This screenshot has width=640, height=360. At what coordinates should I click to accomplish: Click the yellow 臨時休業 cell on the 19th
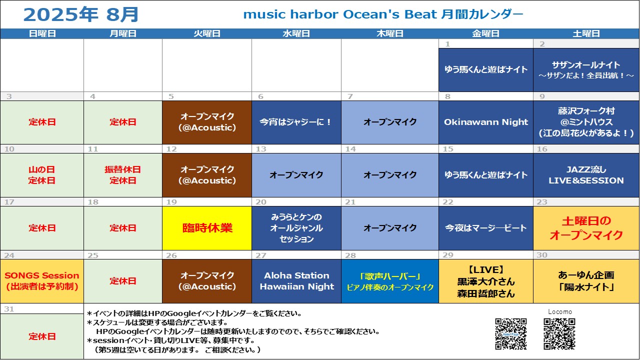point(207,228)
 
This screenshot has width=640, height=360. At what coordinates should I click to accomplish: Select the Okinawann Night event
point(485,122)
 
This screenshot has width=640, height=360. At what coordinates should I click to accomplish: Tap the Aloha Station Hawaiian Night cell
point(296,281)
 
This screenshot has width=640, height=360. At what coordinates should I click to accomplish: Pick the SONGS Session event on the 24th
point(41,281)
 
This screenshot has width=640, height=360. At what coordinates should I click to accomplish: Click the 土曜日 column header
point(586,33)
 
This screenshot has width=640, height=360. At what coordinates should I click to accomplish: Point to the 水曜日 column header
point(296,33)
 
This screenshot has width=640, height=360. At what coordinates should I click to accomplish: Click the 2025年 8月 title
point(81,14)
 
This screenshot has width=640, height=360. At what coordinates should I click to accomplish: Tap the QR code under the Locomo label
point(559,334)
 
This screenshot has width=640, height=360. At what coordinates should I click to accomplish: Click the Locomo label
point(559,311)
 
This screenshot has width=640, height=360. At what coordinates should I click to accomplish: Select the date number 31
point(9,309)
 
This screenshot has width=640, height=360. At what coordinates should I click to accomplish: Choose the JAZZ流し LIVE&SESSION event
point(586,175)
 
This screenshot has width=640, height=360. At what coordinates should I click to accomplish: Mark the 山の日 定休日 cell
point(41,175)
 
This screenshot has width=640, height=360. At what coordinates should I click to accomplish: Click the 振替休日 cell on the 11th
point(123,175)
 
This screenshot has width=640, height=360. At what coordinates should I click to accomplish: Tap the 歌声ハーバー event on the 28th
point(390,281)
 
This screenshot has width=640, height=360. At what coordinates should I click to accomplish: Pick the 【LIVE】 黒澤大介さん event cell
point(485,281)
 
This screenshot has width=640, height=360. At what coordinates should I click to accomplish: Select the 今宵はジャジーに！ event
point(296,122)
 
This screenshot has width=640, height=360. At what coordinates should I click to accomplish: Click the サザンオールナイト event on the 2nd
point(586,69)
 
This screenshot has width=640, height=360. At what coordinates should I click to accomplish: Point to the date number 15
point(448,149)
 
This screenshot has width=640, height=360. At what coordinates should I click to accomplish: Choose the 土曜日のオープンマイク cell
point(586,228)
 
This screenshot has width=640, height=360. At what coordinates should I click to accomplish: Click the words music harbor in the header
point(290,14)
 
